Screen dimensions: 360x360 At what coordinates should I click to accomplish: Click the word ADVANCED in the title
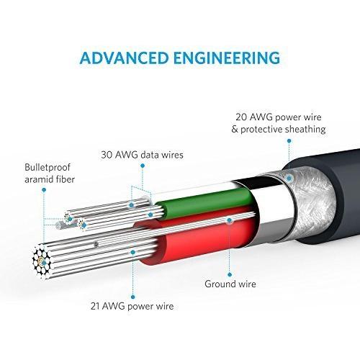coord(121,57)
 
